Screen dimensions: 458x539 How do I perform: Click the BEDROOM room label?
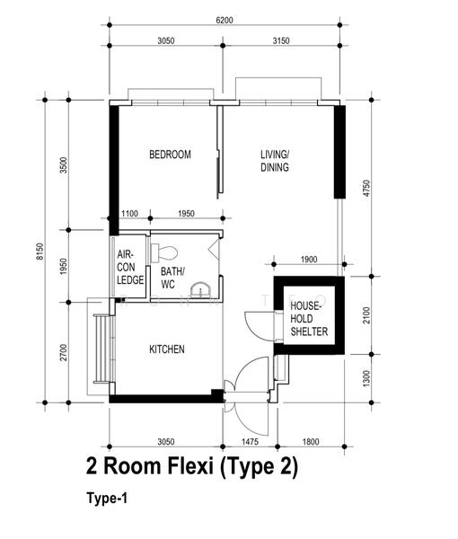[170, 155]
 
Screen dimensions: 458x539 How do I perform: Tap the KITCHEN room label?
[167, 349]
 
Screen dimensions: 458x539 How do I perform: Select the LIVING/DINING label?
[275, 161]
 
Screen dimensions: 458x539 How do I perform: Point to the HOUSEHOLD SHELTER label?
[309, 319]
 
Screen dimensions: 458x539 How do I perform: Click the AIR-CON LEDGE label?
[130, 268]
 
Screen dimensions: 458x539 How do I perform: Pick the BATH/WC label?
[172, 278]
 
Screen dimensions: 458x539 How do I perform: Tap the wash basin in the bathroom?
[200, 289]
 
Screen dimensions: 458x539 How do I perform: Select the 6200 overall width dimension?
[225, 20]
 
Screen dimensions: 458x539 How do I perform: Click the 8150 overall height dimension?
[40, 252]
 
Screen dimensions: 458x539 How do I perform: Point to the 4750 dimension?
[366, 188]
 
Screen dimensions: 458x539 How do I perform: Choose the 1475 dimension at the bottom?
[250, 441]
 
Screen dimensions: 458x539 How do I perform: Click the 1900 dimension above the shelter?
[309, 260]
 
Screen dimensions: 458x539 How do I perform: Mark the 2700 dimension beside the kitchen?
[64, 352]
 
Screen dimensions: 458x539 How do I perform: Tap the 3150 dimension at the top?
[281, 40]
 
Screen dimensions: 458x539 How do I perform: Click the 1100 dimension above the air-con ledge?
[129, 214]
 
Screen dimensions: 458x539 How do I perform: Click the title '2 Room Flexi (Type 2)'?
[191, 466]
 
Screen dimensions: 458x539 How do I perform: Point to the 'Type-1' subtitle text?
[107, 498]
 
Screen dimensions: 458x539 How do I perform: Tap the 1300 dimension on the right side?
[366, 378]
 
